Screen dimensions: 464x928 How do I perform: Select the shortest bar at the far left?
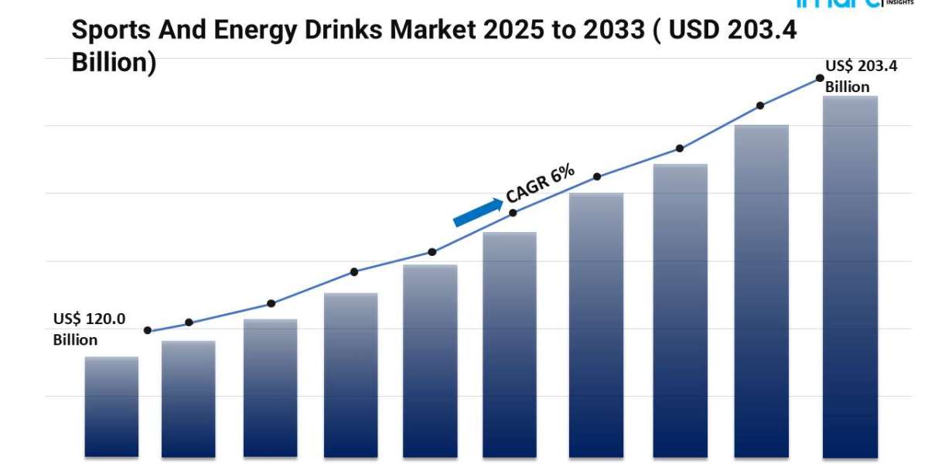coord(111,406)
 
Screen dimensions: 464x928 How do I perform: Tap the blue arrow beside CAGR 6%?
coord(477,212)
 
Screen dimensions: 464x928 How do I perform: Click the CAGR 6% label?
coord(540,185)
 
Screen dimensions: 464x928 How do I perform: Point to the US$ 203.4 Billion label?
coord(861,77)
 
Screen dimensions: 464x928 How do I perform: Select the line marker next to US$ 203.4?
coord(819,78)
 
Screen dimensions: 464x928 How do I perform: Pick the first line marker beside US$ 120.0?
coord(148,330)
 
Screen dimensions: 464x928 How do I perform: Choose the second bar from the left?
coord(188,398)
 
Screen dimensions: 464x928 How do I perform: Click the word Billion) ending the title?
coord(114,63)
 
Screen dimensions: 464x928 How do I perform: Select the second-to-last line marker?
coord(760,105)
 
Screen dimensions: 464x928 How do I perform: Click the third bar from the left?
coord(270,387)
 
